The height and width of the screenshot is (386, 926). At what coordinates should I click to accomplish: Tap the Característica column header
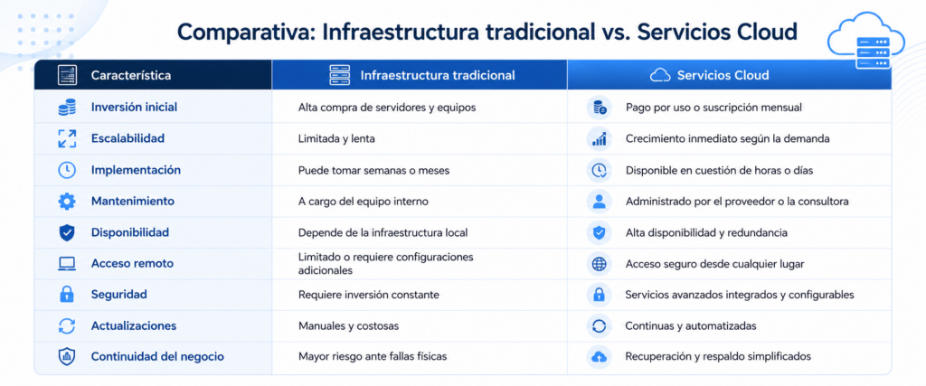131,76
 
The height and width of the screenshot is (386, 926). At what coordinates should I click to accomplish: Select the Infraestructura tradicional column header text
438,76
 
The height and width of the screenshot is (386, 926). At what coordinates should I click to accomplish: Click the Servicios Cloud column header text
723,76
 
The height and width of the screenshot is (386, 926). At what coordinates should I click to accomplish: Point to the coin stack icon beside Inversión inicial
67,108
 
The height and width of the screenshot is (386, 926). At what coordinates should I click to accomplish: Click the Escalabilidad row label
128,138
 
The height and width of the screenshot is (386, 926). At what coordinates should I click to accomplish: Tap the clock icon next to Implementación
67,170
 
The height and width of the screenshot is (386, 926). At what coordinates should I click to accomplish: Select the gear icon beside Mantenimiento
67,202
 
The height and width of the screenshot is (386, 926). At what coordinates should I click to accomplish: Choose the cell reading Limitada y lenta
336,138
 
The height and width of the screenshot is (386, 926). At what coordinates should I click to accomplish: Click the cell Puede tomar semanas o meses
373,170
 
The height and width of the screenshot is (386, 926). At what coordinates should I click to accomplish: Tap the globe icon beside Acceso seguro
599,264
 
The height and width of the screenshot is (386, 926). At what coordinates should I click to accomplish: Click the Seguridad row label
118,294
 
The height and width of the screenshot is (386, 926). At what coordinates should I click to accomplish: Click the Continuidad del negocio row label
157,357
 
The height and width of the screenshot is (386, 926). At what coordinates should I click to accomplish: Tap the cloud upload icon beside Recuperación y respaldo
599,357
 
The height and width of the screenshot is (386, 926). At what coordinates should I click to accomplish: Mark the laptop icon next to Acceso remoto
67,264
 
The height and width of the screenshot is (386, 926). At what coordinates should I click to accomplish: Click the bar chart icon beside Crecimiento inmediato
599,138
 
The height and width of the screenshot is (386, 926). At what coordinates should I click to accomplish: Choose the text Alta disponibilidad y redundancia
706,232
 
